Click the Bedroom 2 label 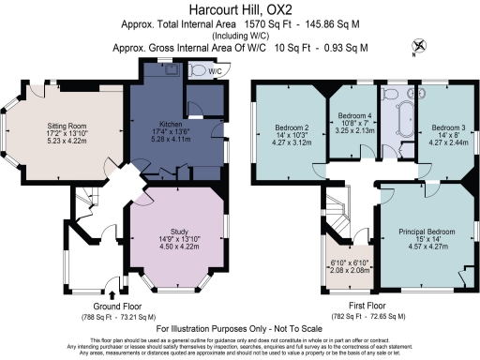pos(292,127)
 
